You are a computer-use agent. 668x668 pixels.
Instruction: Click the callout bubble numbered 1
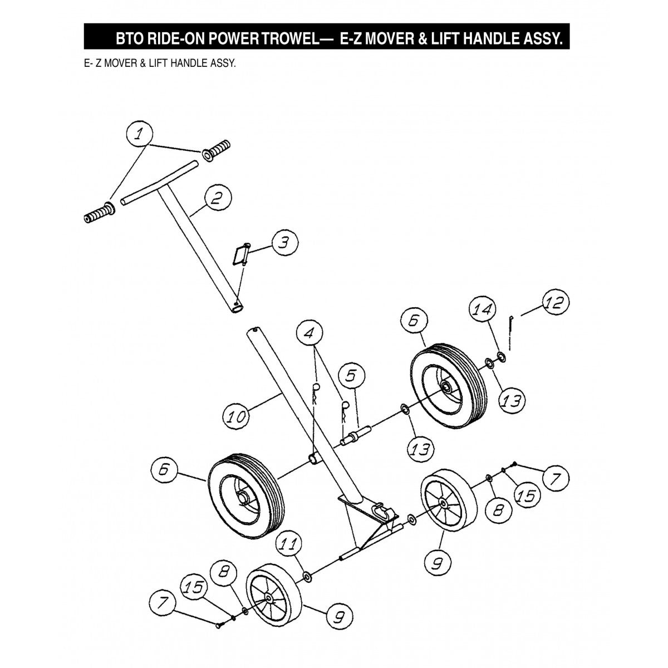click(x=141, y=134)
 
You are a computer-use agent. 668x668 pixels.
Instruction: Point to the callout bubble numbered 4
click(x=311, y=334)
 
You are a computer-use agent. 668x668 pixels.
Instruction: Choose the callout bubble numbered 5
click(x=351, y=377)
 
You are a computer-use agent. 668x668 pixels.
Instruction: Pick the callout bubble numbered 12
click(x=555, y=303)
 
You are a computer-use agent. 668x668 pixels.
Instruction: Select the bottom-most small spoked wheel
click(x=273, y=598)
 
